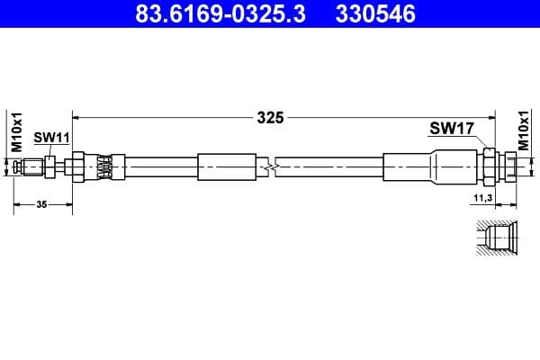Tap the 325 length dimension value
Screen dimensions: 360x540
pos(270,117)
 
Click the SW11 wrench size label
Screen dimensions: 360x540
pos(51,137)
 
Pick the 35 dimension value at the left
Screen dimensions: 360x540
pos(41,205)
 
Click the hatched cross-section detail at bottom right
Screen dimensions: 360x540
pos(494,239)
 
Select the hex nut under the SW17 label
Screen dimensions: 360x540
pos(490,167)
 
